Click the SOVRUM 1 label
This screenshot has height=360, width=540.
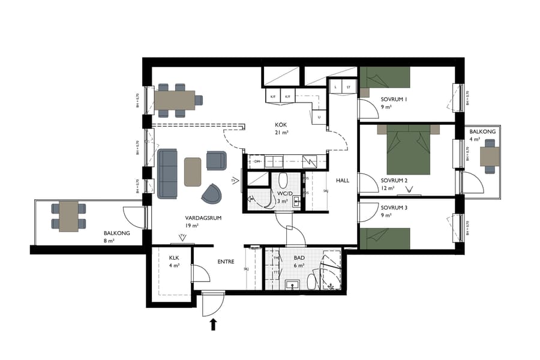pyautogui.click(x=395, y=99)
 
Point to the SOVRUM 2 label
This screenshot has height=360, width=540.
pyautogui.click(x=394, y=180)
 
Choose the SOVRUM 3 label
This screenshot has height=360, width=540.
pyautogui.click(x=394, y=208)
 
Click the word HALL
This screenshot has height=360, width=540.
pyautogui.click(x=343, y=180)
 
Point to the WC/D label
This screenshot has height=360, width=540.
pyautogui.click(x=284, y=194)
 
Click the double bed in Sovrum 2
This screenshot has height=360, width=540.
pyautogui.click(x=409, y=150)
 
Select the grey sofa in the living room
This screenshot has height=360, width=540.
pyautogui.click(x=168, y=173)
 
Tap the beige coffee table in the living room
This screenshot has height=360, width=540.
pyautogui.click(x=193, y=172)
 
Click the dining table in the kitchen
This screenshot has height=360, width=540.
pyautogui.click(x=175, y=100)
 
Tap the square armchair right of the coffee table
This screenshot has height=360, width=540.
pyautogui.click(x=216, y=160)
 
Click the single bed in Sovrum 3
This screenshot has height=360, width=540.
pyautogui.click(x=385, y=238)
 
